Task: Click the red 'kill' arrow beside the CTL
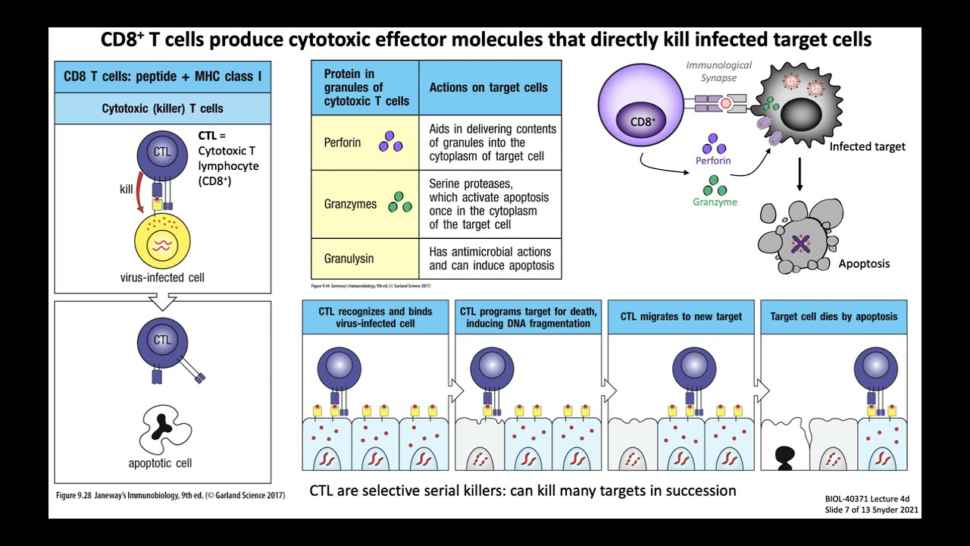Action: (139, 199)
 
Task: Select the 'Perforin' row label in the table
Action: (343, 143)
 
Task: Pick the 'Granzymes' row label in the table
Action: (350, 203)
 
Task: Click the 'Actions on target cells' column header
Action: (488, 87)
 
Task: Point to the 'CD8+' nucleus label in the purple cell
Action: (642, 121)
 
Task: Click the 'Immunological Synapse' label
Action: (718, 71)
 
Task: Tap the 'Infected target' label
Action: (867, 146)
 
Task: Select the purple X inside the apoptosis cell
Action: (800, 243)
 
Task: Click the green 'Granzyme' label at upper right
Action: (714, 202)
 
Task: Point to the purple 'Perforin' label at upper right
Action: (713, 161)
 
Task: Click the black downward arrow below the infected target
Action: (799, 175)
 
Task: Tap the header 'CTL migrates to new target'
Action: (681, 316)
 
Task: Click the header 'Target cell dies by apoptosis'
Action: (834, 316)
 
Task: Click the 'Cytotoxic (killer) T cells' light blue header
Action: (162, 108)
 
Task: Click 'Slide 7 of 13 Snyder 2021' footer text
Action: (871, 510)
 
